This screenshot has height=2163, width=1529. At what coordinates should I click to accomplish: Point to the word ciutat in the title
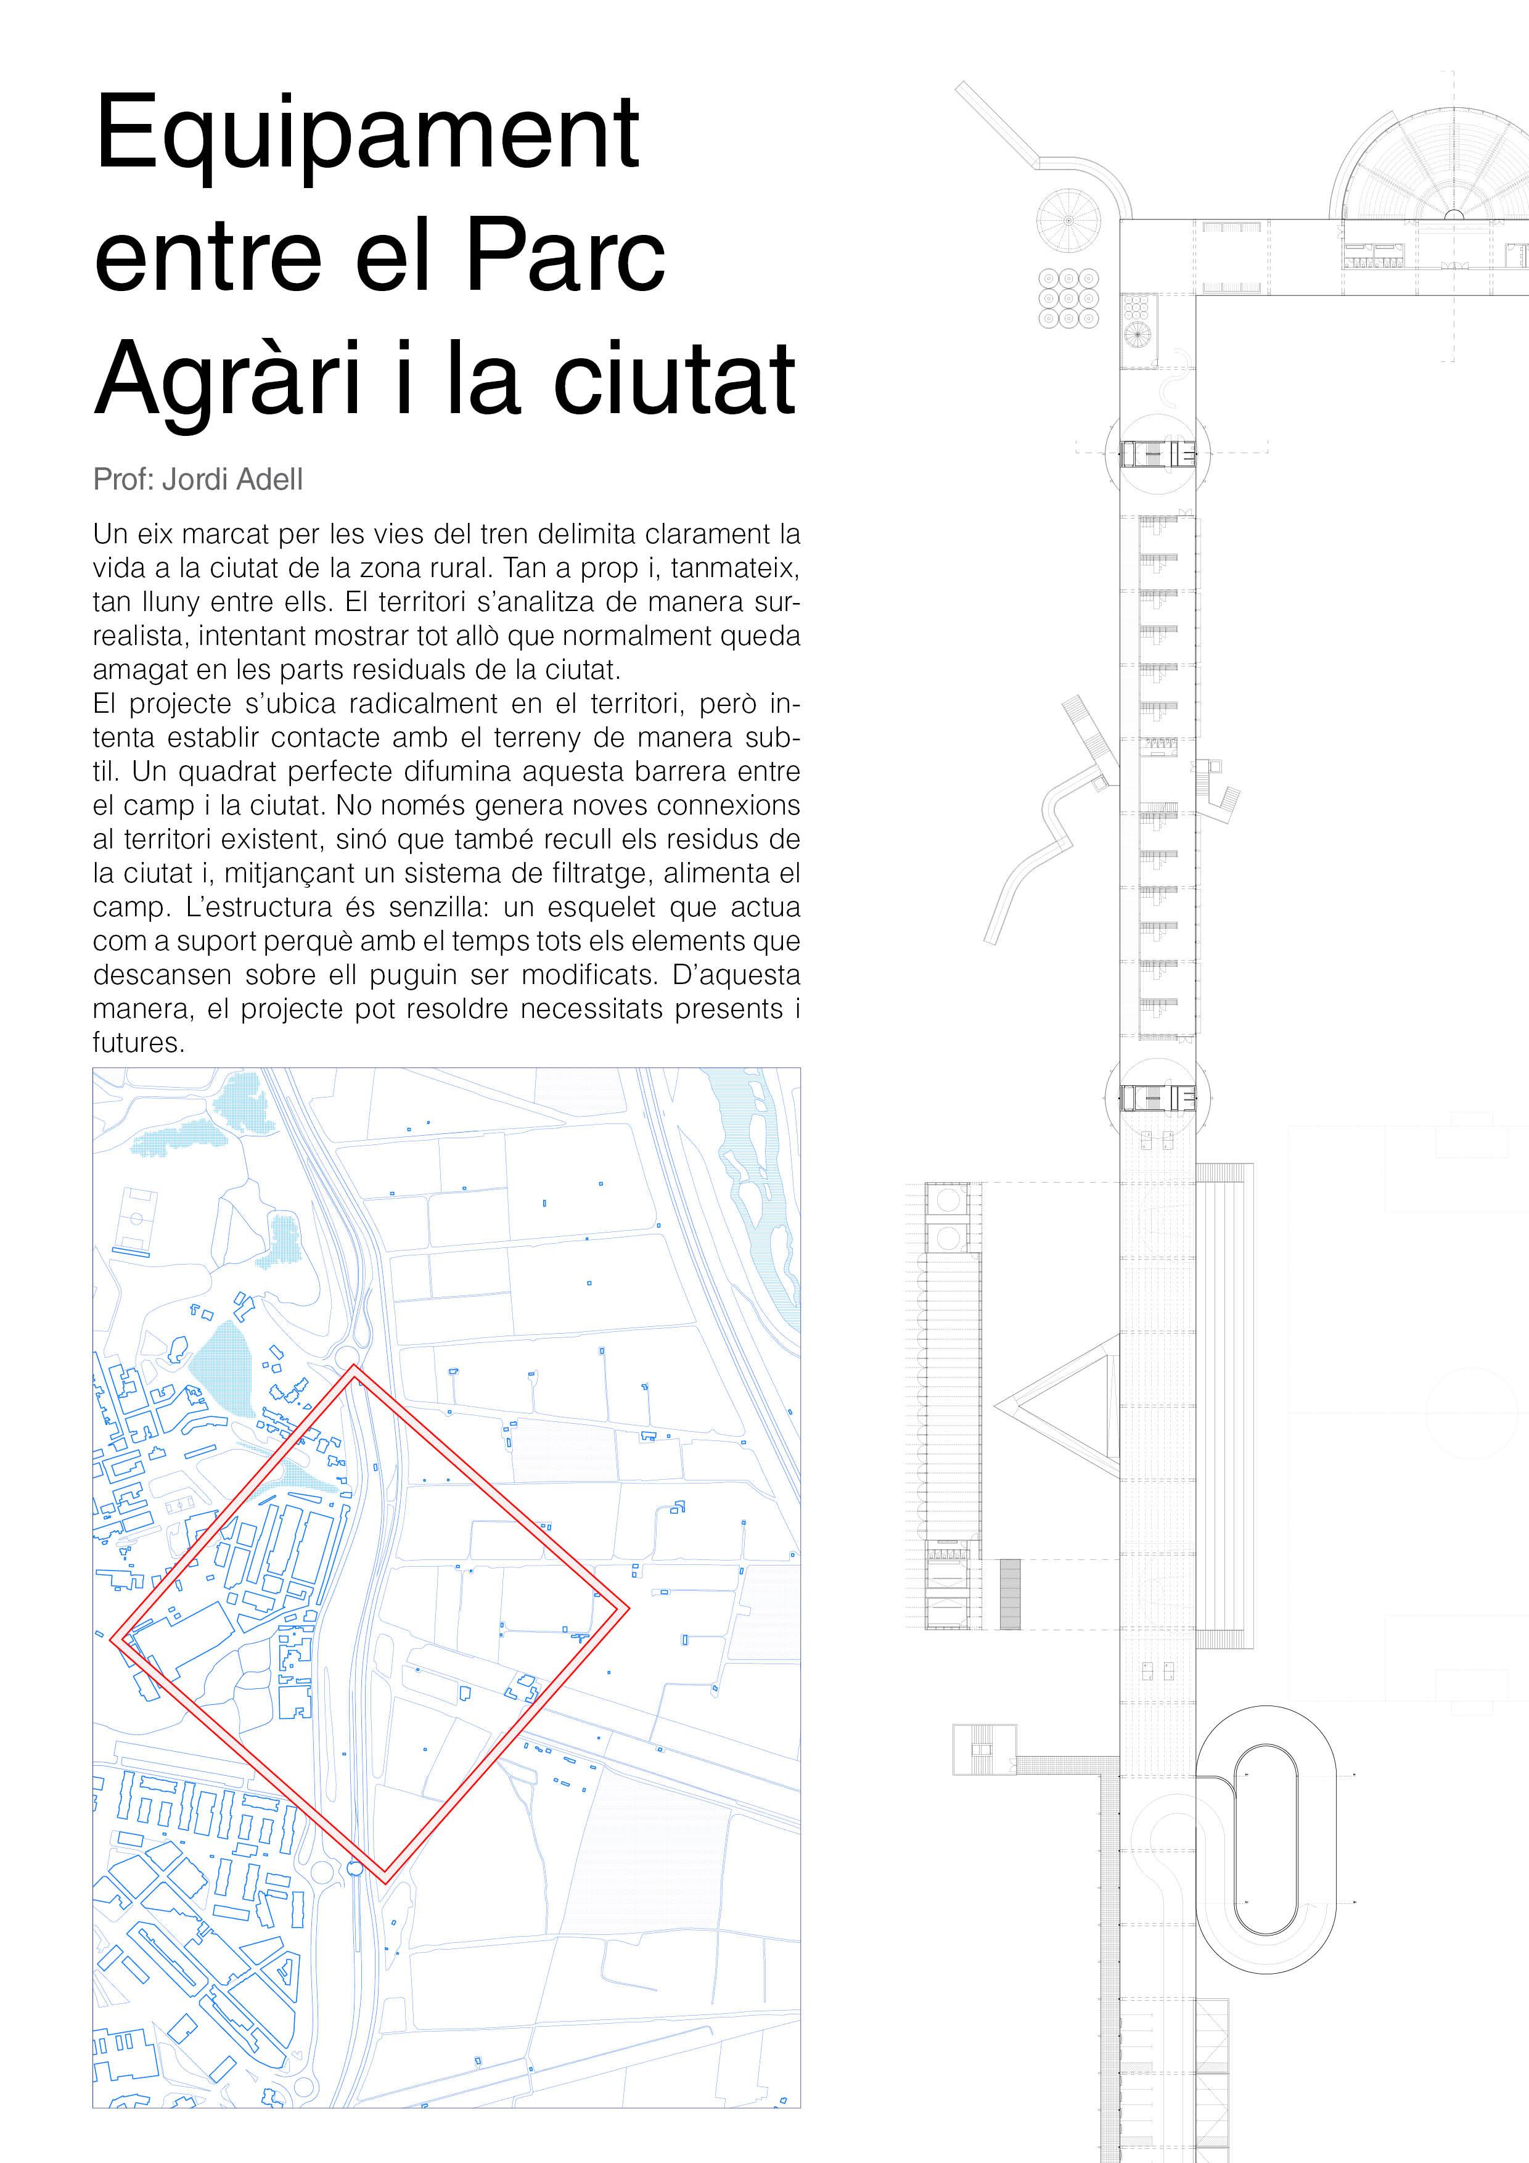point(674,380)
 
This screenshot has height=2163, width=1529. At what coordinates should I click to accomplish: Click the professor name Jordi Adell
point(232,480)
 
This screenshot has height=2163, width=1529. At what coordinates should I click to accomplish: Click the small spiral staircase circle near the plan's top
point(1068,220)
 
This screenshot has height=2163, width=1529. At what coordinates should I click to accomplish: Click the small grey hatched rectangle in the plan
point(1009,1594)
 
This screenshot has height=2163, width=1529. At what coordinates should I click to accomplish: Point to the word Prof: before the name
point(125,480)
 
